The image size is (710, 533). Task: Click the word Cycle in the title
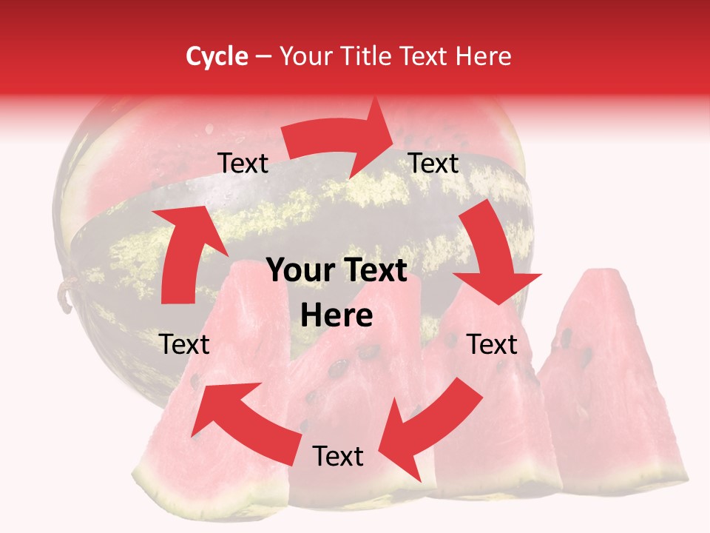tap(217, 56)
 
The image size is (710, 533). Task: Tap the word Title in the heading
tap(371, 56)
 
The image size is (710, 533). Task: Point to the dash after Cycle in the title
tap(263, 57)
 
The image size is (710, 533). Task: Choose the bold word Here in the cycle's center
tap(337, 316)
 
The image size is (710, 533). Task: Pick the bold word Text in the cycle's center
tap(374, 271)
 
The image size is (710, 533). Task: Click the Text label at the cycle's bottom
tap(338, 456)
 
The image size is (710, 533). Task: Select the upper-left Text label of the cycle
tap(243, 164)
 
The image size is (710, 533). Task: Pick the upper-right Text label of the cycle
tap(434, 163)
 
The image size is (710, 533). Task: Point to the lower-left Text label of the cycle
tap(185, 344)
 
